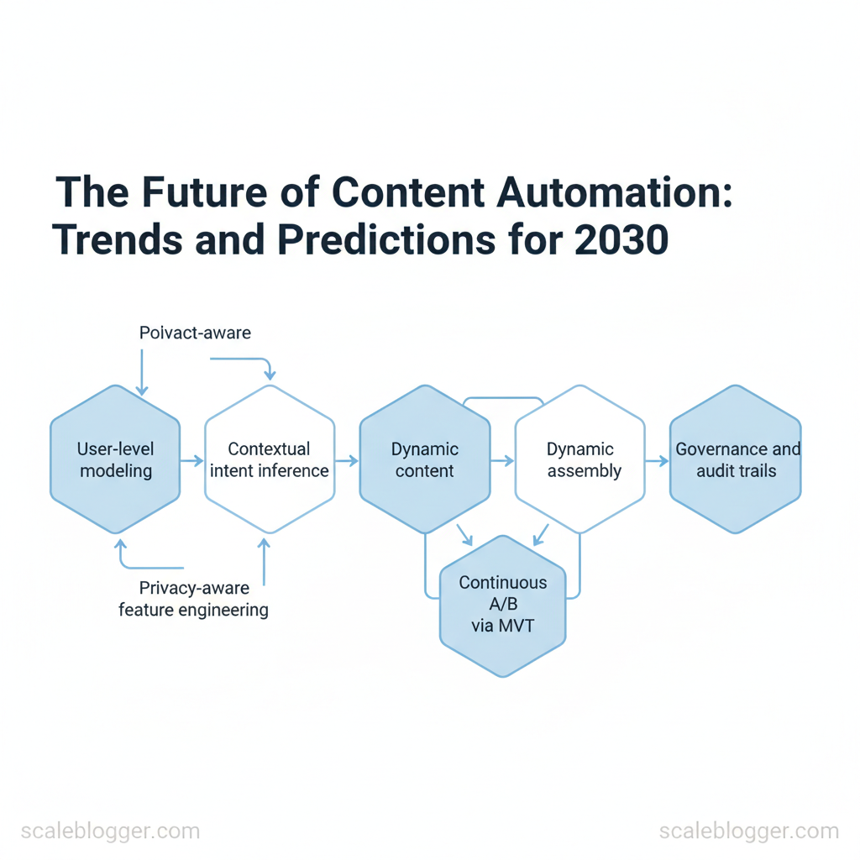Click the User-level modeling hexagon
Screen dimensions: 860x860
(x=115, y=459)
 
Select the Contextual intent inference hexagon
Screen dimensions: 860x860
(x=270, y=459)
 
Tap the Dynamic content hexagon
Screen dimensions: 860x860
(x=424, y=459)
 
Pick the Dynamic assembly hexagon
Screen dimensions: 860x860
(x=579, y=459)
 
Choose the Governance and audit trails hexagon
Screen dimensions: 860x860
(x=736, y=459)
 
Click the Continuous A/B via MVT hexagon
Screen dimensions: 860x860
(x=502, y=606)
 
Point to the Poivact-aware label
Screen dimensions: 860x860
(x=195, y=333)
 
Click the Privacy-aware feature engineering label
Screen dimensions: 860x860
(x=194, y=599)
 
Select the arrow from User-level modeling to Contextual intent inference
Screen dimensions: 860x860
(x=192, y=461)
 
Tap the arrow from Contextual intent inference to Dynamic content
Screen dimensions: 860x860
(x=347, y=461)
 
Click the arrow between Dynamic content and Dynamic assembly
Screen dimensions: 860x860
(x=502, y=461)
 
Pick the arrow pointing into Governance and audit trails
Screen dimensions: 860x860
(x=657, y=461)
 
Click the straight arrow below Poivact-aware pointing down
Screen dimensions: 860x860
(x=142, y=373)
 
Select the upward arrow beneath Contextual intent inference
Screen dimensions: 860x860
(x=265, y=562)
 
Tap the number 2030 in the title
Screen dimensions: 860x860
(x=621, y=239)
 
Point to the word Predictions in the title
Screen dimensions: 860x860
(x=386, y=239)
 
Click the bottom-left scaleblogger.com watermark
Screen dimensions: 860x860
(x=110, y=831)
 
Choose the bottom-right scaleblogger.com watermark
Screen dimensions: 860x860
(x=749, y=831)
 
